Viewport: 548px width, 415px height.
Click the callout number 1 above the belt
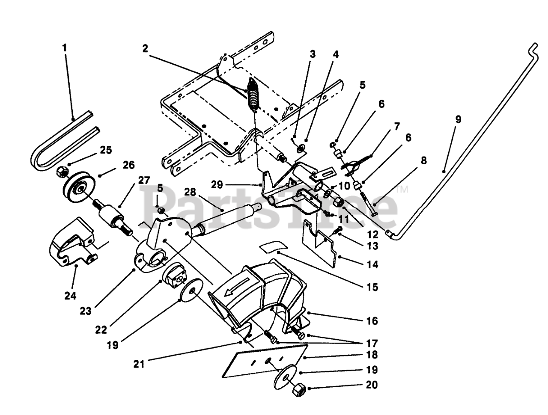(x=65, y=47)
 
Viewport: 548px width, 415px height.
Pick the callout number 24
(x=70, y=296)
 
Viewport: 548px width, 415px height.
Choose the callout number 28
(x=191, y=192)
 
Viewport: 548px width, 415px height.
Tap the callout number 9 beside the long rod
(x=458, y=119)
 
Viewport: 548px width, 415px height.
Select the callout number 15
(x=372, y=287)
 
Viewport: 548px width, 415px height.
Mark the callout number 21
(x=139, y=365)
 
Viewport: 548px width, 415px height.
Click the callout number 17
(x=372, y=344)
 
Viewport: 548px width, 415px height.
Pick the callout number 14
(x=372, y=264)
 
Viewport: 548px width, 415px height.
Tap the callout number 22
(x=101, y=330)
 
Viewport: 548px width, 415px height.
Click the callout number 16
(x=372, y=321)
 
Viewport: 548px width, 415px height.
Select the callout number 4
(x=336, y=54)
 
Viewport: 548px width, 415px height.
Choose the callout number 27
(x=144, y=180)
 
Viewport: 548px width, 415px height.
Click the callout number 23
(x=86, y=311)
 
